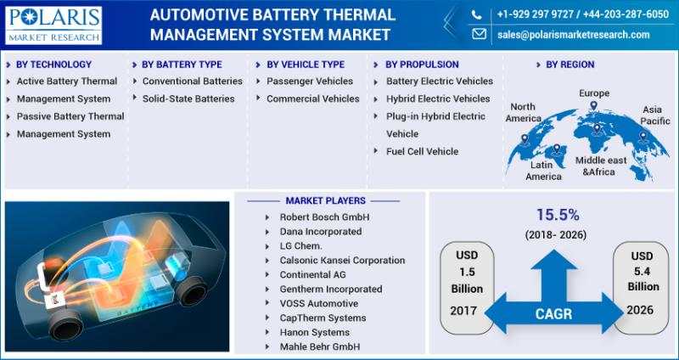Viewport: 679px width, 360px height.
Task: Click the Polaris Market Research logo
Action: (x=53, y=25)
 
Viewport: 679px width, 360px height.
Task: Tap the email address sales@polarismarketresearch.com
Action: (x=574, y=35)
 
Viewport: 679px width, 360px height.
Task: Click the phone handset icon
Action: (x=476, y=15)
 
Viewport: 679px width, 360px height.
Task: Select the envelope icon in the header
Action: (x=479, y=34)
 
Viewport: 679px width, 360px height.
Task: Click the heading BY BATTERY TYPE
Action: (x=182, y=65)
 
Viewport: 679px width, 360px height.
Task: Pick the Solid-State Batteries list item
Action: (x=188, y=98)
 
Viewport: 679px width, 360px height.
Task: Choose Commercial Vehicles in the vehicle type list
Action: (x=312, y=98)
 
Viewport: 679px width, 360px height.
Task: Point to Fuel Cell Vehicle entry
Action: (x=422, y=152)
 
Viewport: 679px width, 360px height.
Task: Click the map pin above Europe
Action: (x=593, y=105)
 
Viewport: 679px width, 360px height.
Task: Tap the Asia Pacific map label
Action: (x=654, y=115)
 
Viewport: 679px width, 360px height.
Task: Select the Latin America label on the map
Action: (x=543, y=171)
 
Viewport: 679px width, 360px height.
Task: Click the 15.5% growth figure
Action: (x=558, y=215)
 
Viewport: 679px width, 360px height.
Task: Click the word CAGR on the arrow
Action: (x=554, y=314)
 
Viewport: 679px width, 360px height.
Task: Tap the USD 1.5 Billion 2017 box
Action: (x=467, y=288)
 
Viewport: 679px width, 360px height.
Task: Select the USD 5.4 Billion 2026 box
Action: (x=641, y=288)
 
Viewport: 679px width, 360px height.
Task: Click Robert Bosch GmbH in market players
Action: (x=324, y=217)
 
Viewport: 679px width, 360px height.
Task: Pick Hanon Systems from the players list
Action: (x=314, y=333)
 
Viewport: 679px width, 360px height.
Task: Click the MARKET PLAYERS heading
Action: (x=326, y=200)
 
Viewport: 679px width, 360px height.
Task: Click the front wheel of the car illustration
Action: (x=66, y=325)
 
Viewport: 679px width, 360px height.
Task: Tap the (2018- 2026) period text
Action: (x=556, y=235)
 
